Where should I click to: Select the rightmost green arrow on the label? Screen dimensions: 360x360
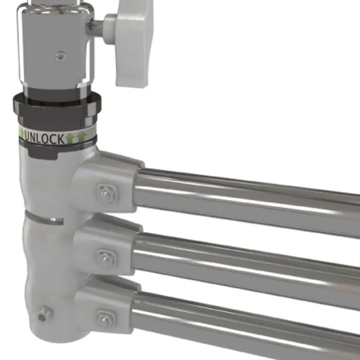(82, 136)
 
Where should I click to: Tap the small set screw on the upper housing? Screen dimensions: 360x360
(60, 56)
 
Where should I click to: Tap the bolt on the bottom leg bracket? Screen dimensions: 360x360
(106, 318)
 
